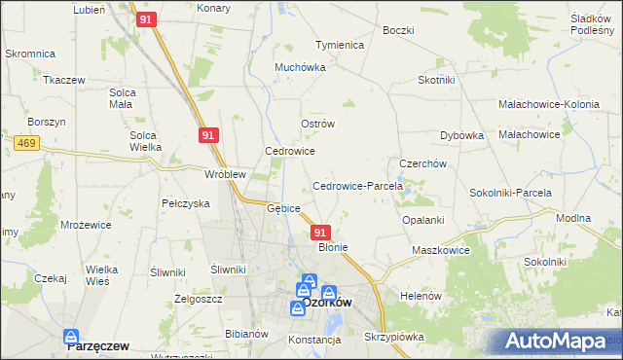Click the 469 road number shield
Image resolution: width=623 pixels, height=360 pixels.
click(26, 143)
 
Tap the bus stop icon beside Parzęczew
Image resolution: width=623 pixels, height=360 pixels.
click(71, 338)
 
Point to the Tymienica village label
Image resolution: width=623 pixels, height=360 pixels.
click(339, 45)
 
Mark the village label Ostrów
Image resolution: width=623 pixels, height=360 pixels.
click(317, 125)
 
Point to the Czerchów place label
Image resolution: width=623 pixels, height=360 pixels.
click(422, 163)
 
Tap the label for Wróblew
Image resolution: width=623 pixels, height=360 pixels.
click(224, 175)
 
